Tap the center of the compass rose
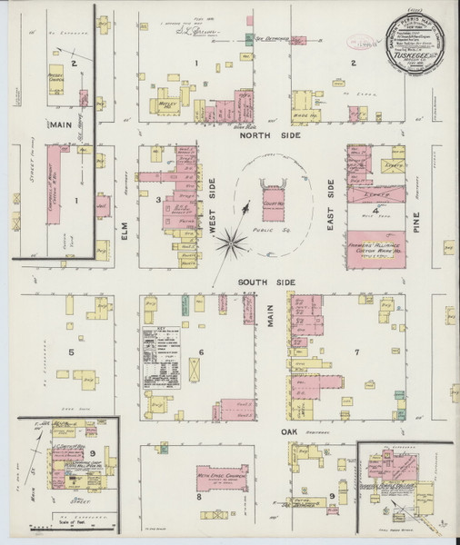tap(235, 242)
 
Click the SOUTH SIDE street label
tap(267, 283)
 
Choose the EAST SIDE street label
tap(331, 202)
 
